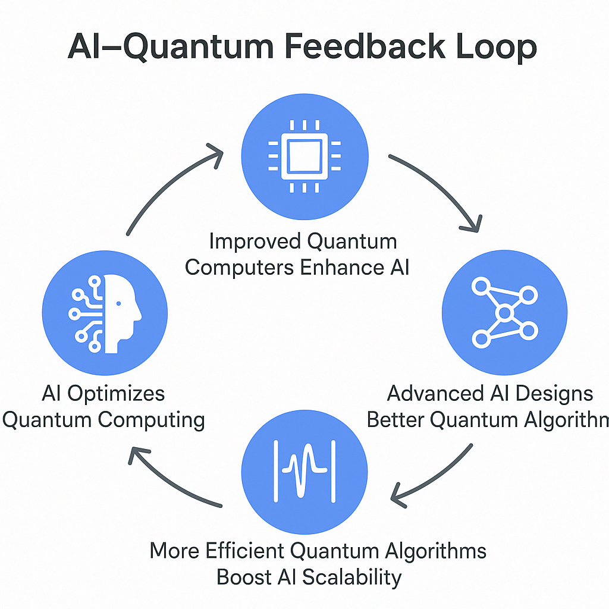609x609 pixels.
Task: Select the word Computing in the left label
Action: click(152, 420)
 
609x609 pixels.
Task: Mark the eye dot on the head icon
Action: click(119, 303)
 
